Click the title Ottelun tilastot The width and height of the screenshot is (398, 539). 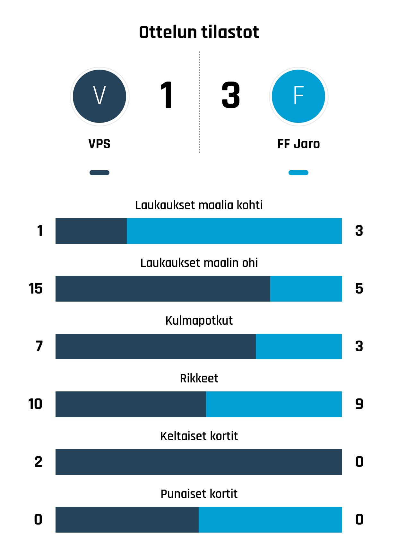(x=199, y=32)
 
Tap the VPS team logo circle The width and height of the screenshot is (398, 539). (x=99, y=96)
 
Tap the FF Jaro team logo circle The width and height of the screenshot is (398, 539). (x=298, y=96)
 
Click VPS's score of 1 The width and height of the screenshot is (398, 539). (x=167, y=96)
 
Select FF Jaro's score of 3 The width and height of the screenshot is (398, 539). (x=231, y=96)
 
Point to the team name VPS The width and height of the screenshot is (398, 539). (x=99, y=144)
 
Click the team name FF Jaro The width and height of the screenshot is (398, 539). (x=298, y=144)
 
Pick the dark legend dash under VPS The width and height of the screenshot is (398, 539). (x=99, y=173)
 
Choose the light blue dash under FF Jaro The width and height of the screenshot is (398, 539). (x=298, y=173)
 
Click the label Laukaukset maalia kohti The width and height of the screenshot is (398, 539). (x=199, y=205)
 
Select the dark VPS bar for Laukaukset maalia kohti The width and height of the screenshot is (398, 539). (x=91, y=231)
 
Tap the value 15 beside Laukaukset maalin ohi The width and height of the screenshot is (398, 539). (x=36, y=288)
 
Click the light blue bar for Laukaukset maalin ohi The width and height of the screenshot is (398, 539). (x=306, y=289)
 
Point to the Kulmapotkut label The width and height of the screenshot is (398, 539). (x=199, y=321)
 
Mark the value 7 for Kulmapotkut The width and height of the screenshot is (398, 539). (x=39, y=346)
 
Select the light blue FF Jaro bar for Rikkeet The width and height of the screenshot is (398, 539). (x=274, y=404)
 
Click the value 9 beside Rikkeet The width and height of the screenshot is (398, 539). (x=359, y=404)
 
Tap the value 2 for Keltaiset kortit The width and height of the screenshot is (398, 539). (x=39, y=462)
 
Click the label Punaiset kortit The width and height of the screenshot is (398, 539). (x=199, y=494)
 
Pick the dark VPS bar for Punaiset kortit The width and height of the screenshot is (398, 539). (x=127, y=520)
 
